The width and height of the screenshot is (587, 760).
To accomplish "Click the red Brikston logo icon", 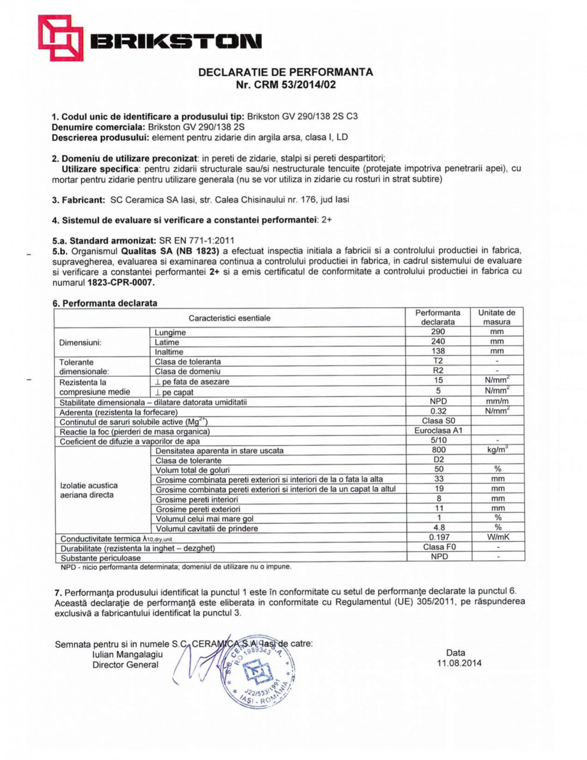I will click(61, 38).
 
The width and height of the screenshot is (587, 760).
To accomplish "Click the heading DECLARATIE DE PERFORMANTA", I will click(286, 72).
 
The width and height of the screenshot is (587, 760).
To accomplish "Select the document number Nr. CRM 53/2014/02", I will click(286, 84).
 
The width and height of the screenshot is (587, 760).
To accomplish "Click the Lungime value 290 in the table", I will click(438, 332).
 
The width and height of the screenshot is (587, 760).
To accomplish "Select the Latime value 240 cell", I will click(438, 342).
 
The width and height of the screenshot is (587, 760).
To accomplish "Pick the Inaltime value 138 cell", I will click(438, 351).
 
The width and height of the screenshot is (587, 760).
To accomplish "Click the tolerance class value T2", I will click(438, 361).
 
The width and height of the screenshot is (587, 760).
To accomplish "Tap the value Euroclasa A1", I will click(438, 431).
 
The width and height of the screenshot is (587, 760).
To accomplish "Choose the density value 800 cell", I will click(438, 450).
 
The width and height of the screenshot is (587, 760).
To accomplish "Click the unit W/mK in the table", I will click(497, 538).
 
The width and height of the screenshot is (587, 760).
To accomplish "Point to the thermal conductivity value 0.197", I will click(438, 538).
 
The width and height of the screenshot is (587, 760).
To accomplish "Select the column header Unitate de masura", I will click(497, 317).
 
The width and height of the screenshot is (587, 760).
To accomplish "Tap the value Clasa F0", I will click(438, 547).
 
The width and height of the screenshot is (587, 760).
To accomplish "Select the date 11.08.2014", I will click(455, 663).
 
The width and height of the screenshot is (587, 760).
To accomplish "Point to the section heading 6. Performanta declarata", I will click(105, 303).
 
